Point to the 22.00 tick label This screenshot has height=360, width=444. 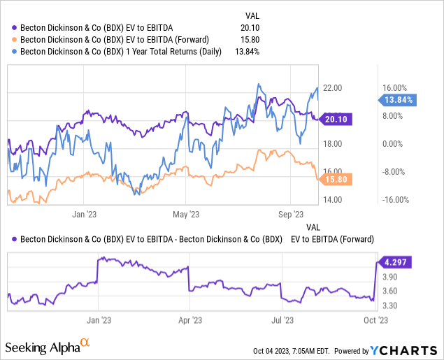tap(332, 88)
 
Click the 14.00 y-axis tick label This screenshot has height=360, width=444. tap(332, 200)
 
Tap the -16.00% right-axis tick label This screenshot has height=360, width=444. tap(396, 200)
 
